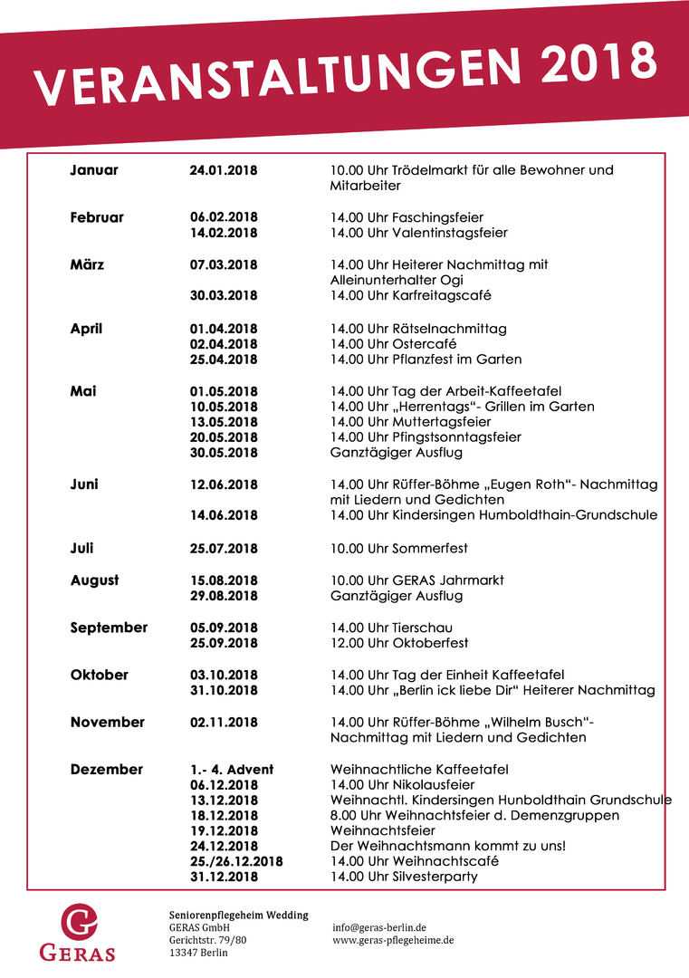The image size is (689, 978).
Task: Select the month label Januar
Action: coord(94,170)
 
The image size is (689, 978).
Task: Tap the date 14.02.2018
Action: coord(224,234)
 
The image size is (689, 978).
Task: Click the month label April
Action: coord(87,329)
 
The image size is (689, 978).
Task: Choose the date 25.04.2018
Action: coord(224,360)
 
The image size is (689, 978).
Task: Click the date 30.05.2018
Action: coord(224,453)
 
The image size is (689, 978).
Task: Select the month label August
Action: coord(94,580)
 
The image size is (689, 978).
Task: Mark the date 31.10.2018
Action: coord(224,691)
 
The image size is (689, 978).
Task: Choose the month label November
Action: coord(107,723)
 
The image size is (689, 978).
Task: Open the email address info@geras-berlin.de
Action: coord(379,928)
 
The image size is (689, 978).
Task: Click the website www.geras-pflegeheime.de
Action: coord(393,941)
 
